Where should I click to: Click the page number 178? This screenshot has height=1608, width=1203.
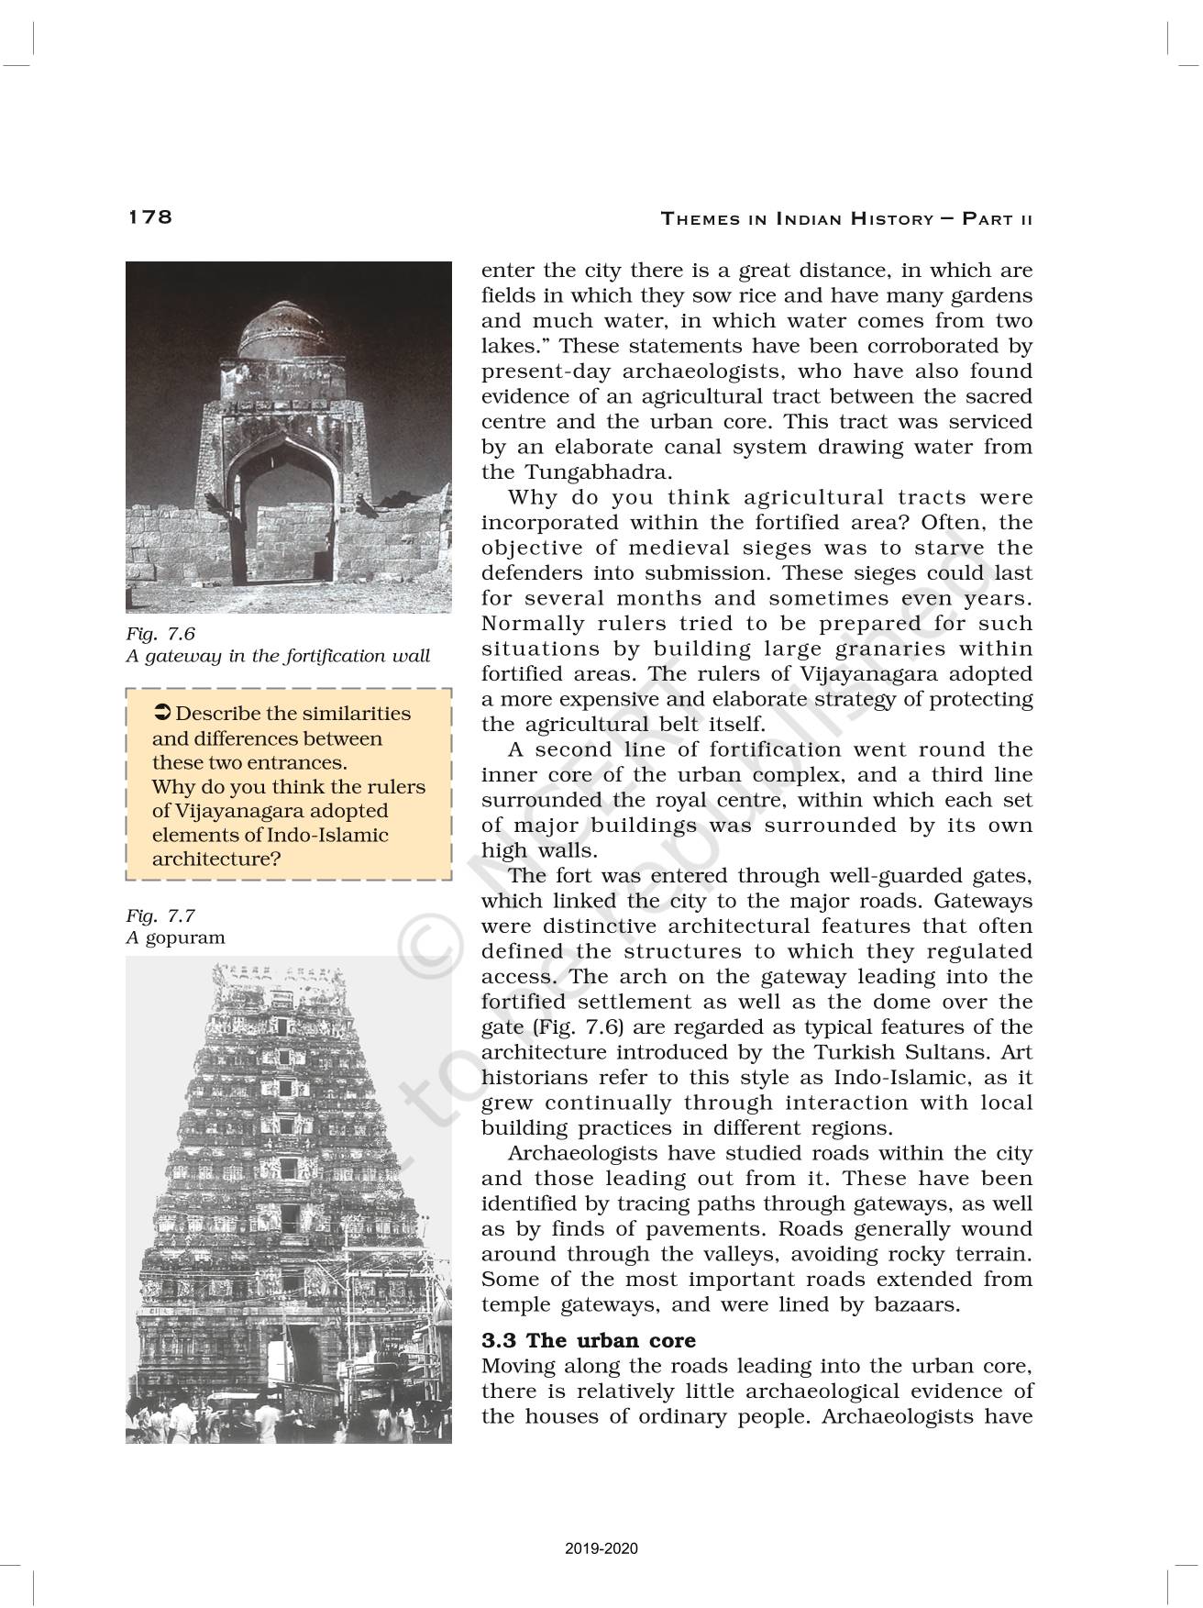(149, 216)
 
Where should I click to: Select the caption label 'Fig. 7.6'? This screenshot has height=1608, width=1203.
(160, 633)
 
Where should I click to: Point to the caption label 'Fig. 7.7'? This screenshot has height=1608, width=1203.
(160, 915)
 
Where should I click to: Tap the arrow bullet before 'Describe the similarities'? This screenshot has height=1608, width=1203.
(161, 714)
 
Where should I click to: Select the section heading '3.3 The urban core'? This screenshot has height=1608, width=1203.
(589, 1340)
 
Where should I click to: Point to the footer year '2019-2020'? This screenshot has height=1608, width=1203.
(601, 1549)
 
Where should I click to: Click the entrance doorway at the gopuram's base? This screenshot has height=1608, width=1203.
(300, 1373)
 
